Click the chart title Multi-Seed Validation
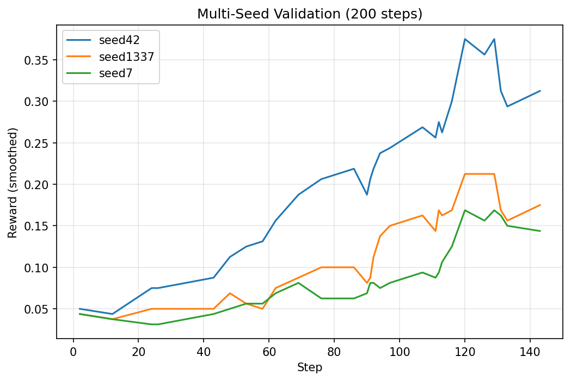310,14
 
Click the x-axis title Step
310,367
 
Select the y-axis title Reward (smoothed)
13,183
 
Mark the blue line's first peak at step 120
464,39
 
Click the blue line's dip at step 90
367,195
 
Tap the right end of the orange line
540,205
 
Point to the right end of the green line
540,231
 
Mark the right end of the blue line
540,91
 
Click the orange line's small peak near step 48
230,293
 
